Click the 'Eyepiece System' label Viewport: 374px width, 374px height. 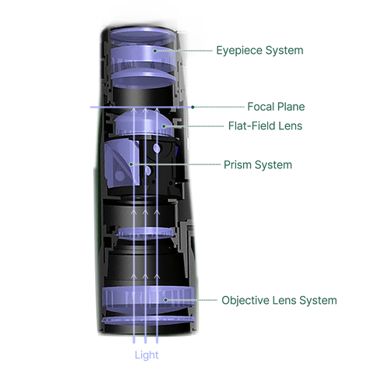[x=259, y=51]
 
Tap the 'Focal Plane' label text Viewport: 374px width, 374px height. [x=276, y=107]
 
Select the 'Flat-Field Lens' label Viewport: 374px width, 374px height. [x=265, y=126]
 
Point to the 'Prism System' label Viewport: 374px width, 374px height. [x=258, y=165]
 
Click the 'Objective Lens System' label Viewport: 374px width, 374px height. [x=279, y=300]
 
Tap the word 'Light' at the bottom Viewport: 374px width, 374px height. [x=146, y=355]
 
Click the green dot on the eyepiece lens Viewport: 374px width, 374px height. [x=155, y=51]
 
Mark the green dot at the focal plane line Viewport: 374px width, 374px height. [x=192, y=107]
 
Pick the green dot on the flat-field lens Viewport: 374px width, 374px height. [x=164, y=126]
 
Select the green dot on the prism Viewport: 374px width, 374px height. [x=131, y=164]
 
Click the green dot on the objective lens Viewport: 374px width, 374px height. [x=165, y=300]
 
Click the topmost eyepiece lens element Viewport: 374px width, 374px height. [x=143, y=36]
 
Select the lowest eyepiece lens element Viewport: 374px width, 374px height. [x=143, y=79]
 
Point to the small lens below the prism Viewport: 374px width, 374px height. [x=146, y=233]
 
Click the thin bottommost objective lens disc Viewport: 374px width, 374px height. [x=148, y=320]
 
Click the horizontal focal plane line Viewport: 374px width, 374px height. [x=140, y=107]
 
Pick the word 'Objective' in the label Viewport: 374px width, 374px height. [x=245, y=300]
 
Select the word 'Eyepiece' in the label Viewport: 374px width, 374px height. [x=238, y=51]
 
